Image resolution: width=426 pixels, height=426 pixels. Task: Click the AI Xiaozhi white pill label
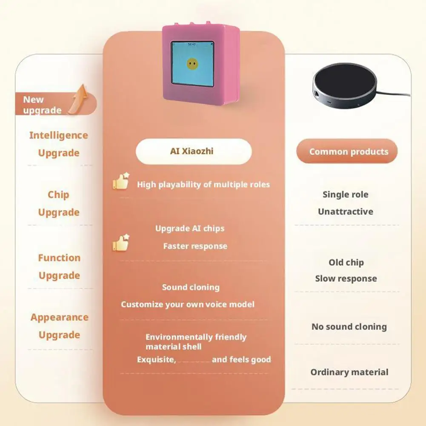tap(194, 152)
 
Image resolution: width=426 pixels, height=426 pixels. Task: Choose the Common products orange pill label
tap(349, 152)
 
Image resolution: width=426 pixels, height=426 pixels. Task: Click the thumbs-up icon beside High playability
tap(121, 182)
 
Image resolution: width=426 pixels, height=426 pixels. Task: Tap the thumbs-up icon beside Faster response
tap(121, 243)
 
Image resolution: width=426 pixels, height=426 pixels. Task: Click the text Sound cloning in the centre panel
tap(191, 287)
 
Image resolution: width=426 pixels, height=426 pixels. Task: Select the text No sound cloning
tap(349, 327)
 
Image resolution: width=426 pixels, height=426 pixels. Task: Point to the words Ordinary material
tap(349, 372)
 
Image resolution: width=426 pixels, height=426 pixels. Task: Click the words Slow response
tap(346, 279)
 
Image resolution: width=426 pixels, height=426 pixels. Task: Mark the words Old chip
tap(346, 263)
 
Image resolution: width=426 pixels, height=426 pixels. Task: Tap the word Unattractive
tap(346, 212)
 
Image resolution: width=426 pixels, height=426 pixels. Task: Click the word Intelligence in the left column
tap(59, 136)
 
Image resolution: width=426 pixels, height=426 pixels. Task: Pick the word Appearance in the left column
tap(60, 317)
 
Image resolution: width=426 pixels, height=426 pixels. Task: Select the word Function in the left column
tap(59, 258)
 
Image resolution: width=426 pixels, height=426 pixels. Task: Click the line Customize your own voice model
tap(188, 304)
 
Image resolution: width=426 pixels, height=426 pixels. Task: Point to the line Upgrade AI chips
tap(190, 229)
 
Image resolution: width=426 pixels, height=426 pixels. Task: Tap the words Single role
tap(346, 194)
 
